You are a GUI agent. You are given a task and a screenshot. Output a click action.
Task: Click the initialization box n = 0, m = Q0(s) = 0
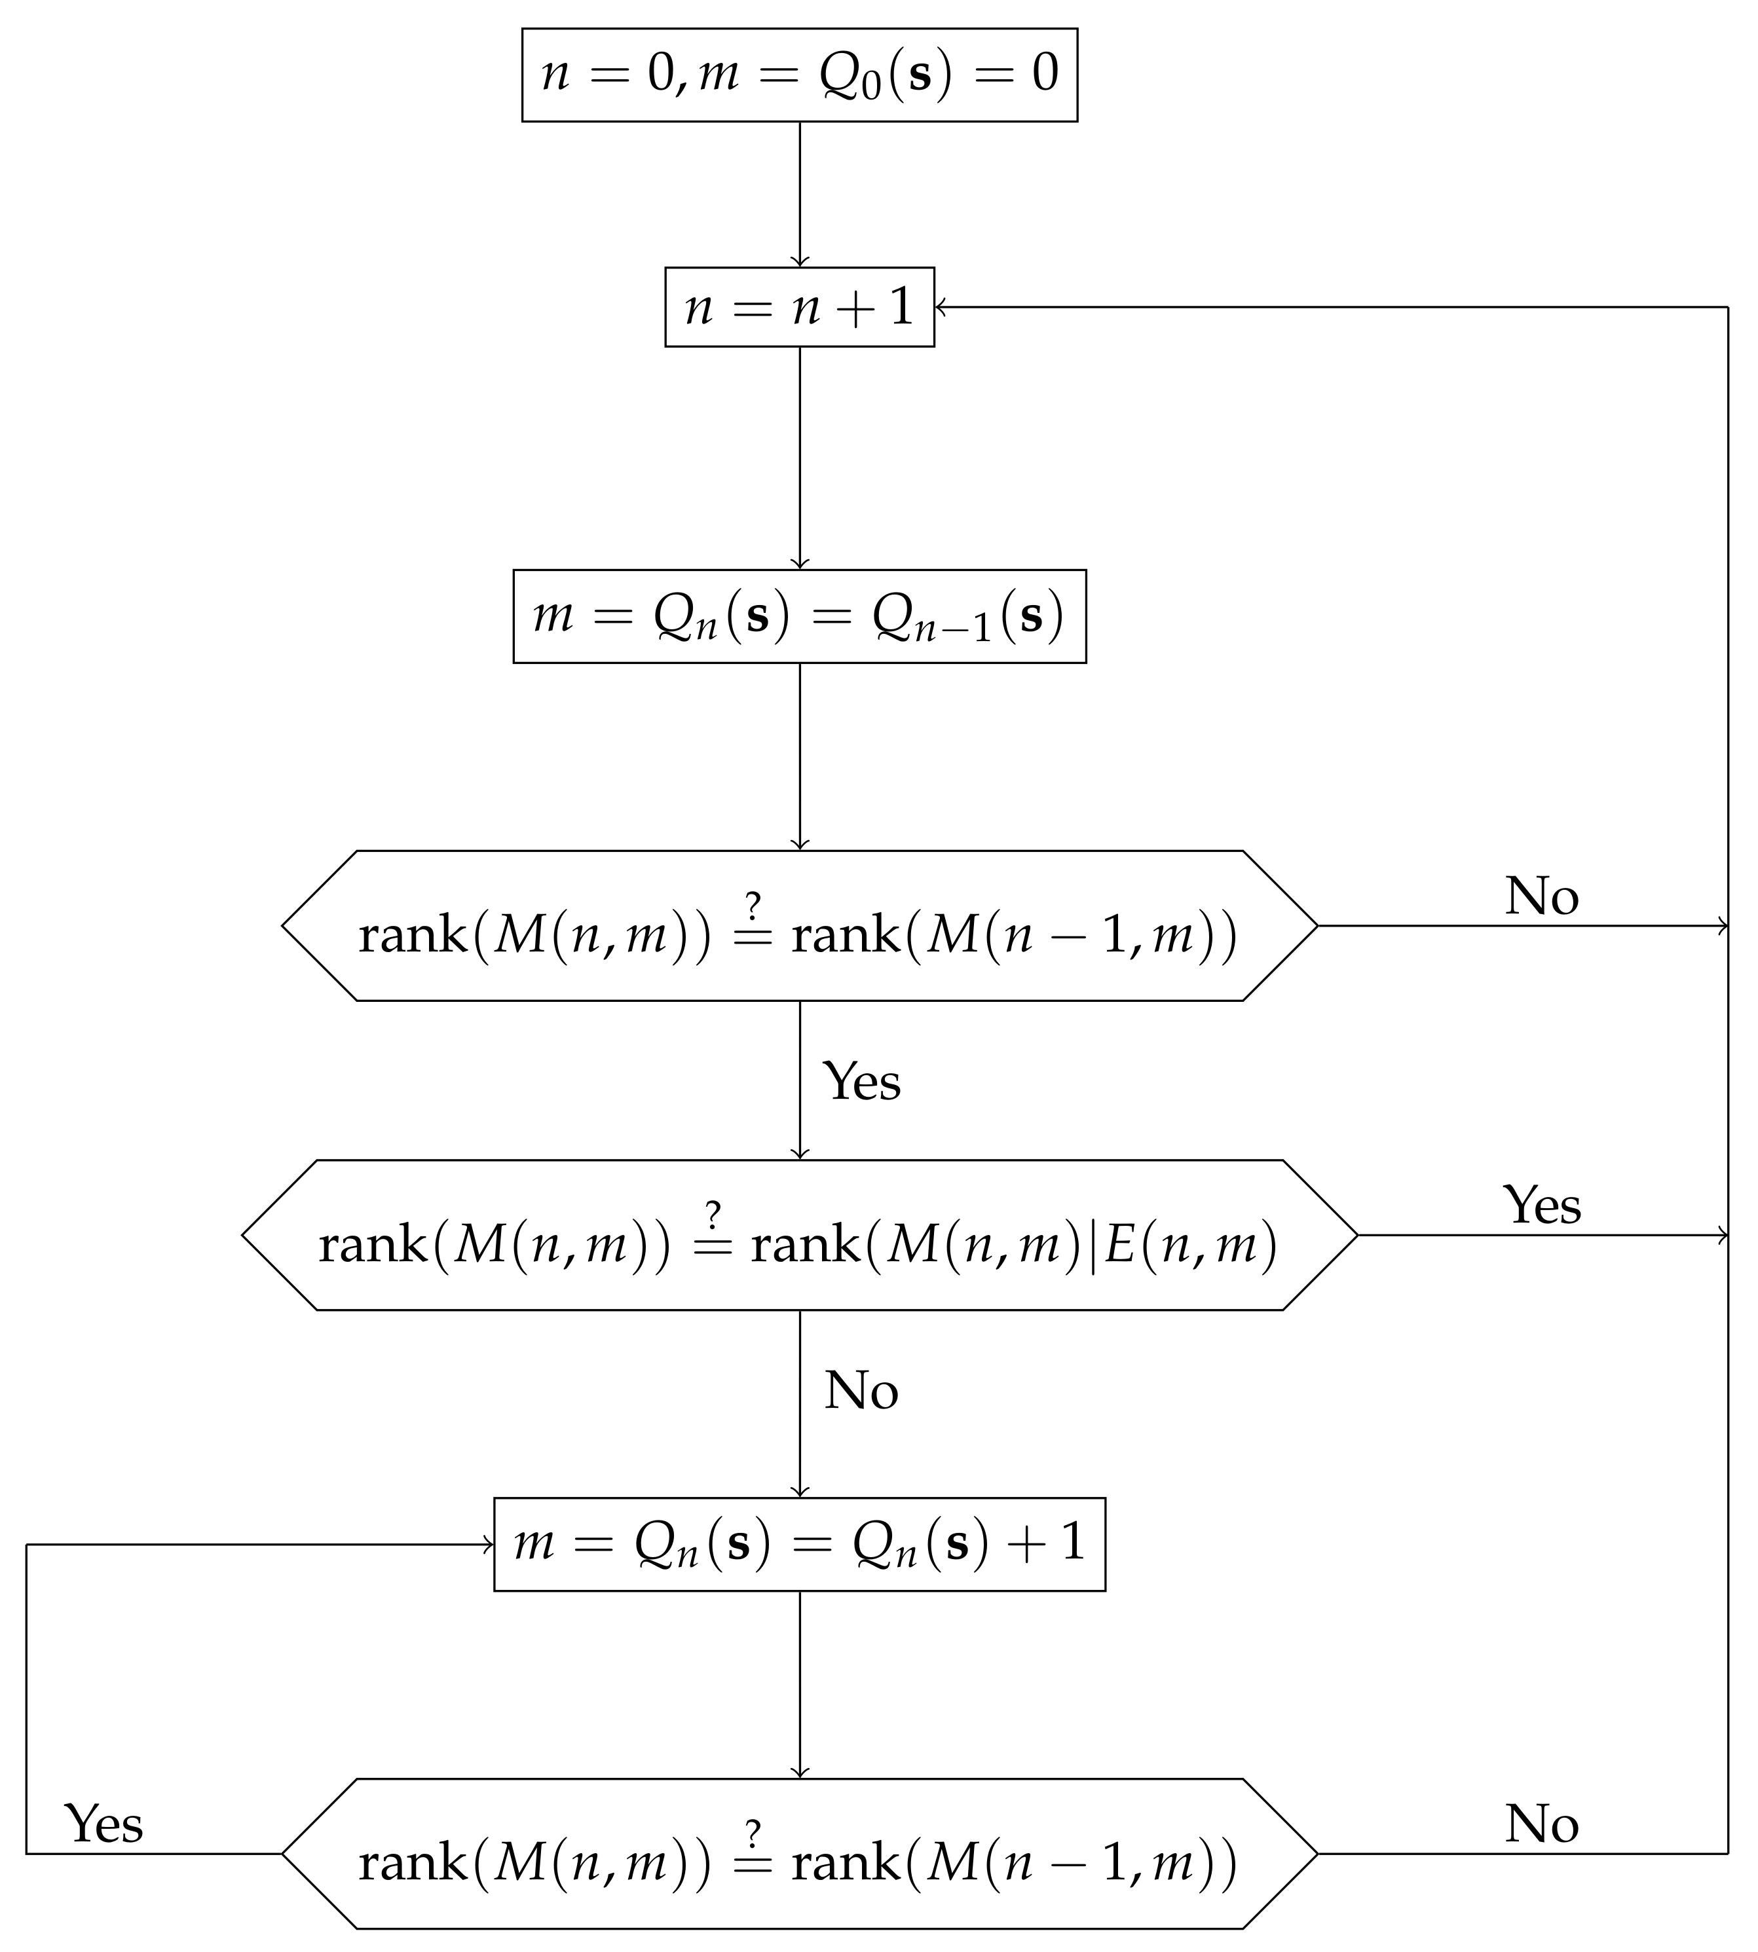(799, 75)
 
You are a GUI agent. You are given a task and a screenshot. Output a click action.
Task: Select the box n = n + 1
(799, 307)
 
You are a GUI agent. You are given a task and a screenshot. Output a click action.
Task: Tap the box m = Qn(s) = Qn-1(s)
(799, 616)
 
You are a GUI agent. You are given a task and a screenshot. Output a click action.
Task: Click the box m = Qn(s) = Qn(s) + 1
(799, 1543)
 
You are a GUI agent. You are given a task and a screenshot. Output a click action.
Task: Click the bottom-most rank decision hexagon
(799, 1852)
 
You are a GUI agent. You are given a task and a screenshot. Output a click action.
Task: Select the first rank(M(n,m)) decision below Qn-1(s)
(799, 925)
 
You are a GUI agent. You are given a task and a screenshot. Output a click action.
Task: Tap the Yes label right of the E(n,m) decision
(1542, 1206)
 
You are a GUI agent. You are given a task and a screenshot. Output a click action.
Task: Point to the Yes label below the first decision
(861, 1081)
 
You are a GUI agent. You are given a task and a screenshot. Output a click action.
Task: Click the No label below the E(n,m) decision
(861, 1391)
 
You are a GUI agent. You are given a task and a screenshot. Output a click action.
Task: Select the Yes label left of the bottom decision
(104, 1824)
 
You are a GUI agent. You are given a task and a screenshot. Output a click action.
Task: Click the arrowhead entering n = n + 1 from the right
(941, 307)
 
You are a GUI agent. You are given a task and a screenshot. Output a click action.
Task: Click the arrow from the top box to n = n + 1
(800, 193)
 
